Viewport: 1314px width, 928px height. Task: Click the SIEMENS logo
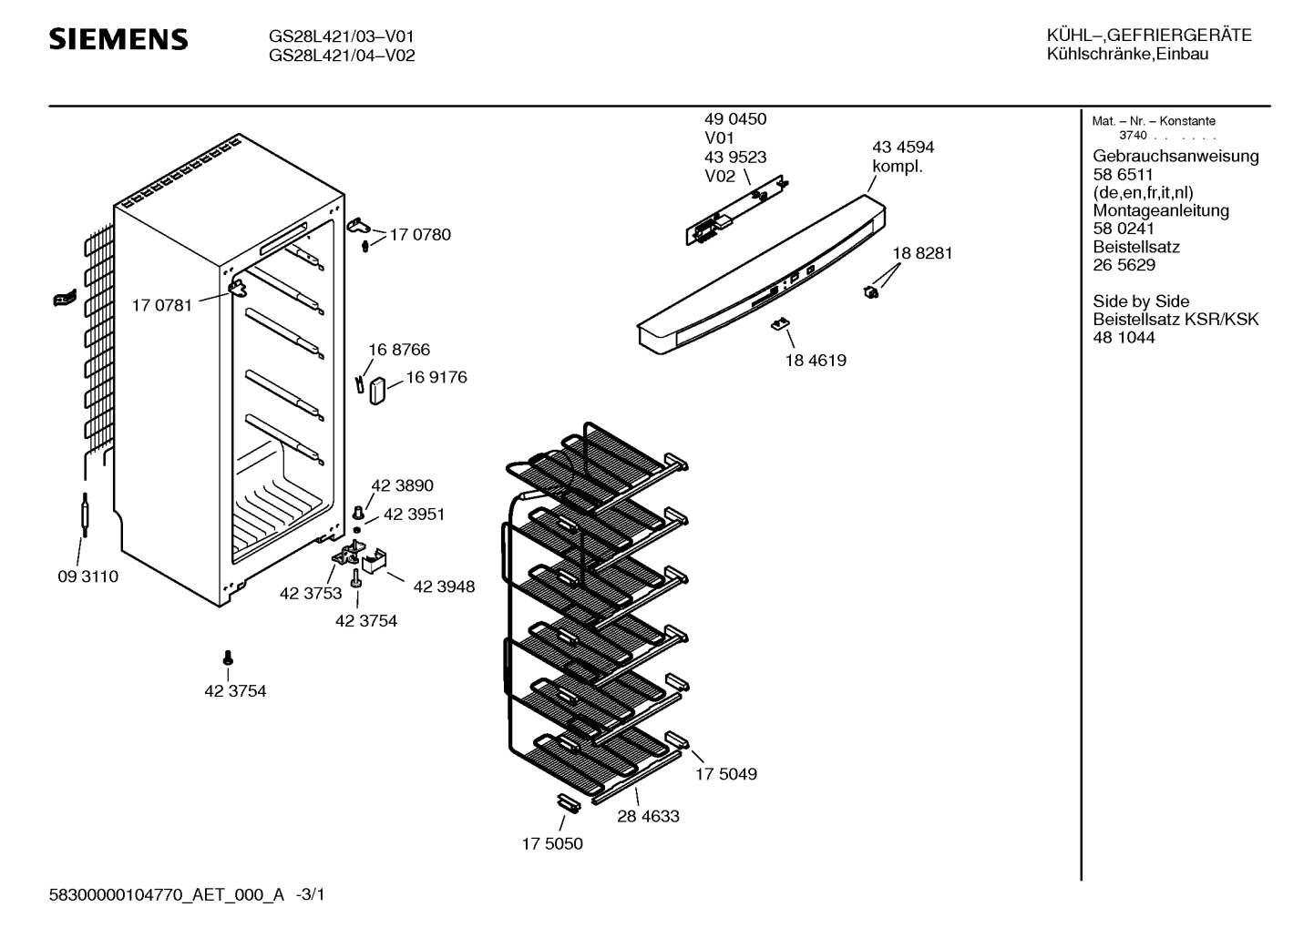click(x=118, y=39)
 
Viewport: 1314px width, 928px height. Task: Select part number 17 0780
click(x=420, y=235)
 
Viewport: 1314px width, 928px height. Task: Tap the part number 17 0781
click(x=162, y=306)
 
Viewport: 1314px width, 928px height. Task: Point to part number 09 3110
click(x=87, y=577)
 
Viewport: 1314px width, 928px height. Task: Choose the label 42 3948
click(x=444, y=587)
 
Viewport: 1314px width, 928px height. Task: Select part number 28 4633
click(x=648, y=817)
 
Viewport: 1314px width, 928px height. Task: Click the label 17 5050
click(x=552, y=844)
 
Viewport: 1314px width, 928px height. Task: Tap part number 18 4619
click(x=816, y=361)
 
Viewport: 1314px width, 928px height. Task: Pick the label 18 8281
click(x=922, y=253)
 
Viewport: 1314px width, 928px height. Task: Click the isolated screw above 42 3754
click(x=228, y=658)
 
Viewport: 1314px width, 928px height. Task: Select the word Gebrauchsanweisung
click(x=1175, y=156)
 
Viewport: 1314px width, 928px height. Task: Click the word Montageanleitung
click(x=1160, y=210)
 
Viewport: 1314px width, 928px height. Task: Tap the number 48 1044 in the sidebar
click(x=1124, y=338)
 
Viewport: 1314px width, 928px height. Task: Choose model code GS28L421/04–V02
click(x=342, y=56)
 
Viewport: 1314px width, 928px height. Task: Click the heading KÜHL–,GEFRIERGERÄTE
click(x=1149, y=36)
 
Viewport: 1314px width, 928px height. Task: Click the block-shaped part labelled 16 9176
click(x=378, y=390)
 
